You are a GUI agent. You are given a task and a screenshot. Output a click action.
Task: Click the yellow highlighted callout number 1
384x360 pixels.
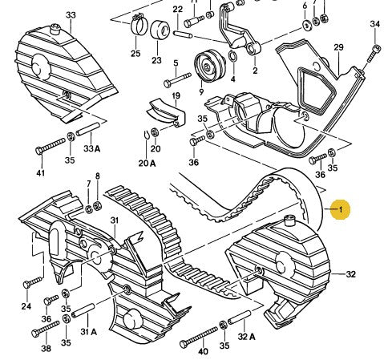[x=340, y=209]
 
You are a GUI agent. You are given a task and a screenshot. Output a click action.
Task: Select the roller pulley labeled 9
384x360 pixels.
[x=209, y=66]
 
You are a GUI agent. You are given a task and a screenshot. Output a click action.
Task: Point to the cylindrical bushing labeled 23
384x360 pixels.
[x=160, y=30]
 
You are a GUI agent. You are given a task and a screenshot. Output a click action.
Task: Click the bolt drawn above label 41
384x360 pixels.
[x=51, y=146]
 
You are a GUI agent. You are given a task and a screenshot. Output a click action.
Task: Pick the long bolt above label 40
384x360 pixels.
[x=199, y=337]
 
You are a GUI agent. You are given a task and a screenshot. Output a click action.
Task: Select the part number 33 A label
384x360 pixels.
[x=91, y=148]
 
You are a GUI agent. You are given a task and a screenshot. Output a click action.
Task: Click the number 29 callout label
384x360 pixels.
[x=338, y=47]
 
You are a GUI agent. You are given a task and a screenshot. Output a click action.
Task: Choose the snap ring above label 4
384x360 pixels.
[x=232, y=56]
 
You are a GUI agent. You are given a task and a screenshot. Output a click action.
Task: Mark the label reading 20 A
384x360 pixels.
[x=147, y=163]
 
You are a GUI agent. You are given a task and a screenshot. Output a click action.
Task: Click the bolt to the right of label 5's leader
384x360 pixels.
[x=177, y=79]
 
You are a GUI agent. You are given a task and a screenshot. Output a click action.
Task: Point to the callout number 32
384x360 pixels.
[x=351, y=274]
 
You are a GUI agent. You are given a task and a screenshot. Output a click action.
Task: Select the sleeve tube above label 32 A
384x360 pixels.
[x=240, y=317]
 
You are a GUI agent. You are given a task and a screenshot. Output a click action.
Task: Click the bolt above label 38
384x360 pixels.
[x=46, y=329]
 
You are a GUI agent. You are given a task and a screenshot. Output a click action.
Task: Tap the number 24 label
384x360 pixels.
[x=26, y=306]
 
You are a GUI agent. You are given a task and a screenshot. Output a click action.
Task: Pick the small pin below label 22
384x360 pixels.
[x=183, y=34]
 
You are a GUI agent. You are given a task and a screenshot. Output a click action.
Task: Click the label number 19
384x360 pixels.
[x=176, y=95]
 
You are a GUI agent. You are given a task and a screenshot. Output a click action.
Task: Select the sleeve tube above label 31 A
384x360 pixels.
[x=83, y=310]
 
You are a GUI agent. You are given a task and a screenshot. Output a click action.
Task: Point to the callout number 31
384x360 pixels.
[x=115, y=220]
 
